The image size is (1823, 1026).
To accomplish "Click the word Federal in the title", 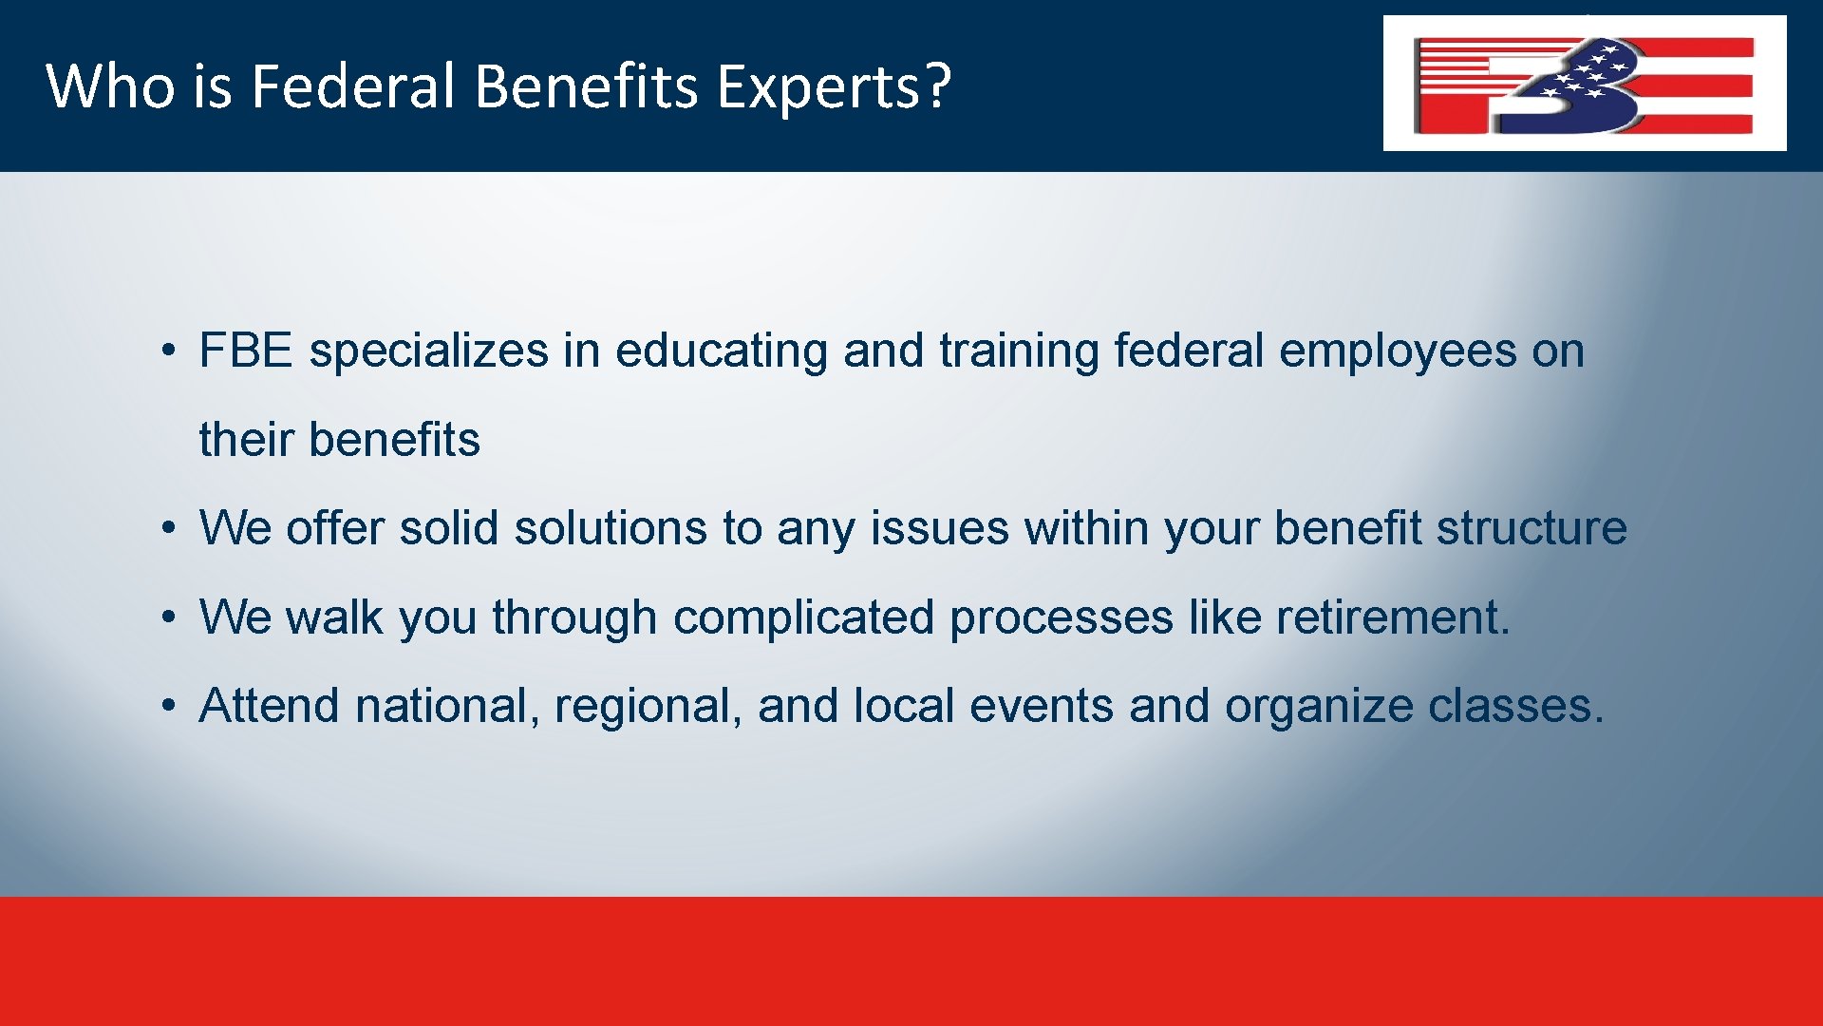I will click(x=353, y=86).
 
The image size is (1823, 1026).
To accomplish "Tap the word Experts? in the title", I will click(x=833, y=86).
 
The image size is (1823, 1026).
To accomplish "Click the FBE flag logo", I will click(x=1584, y=84).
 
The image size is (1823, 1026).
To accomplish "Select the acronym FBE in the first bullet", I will click(x=245, y=351).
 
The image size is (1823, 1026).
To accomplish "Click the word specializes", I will click(x=428, y=351).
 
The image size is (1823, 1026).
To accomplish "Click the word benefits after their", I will click(x=394, y=440).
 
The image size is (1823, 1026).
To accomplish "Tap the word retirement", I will click(x=1392, y=617).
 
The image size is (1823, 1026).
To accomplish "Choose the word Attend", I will click(x=269, y=706).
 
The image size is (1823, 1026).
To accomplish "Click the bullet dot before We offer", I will click(x=167, y=528).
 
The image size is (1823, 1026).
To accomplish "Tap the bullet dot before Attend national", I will click(x=167, y=706).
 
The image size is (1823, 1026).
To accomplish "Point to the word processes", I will click(x=1061, y=617).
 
